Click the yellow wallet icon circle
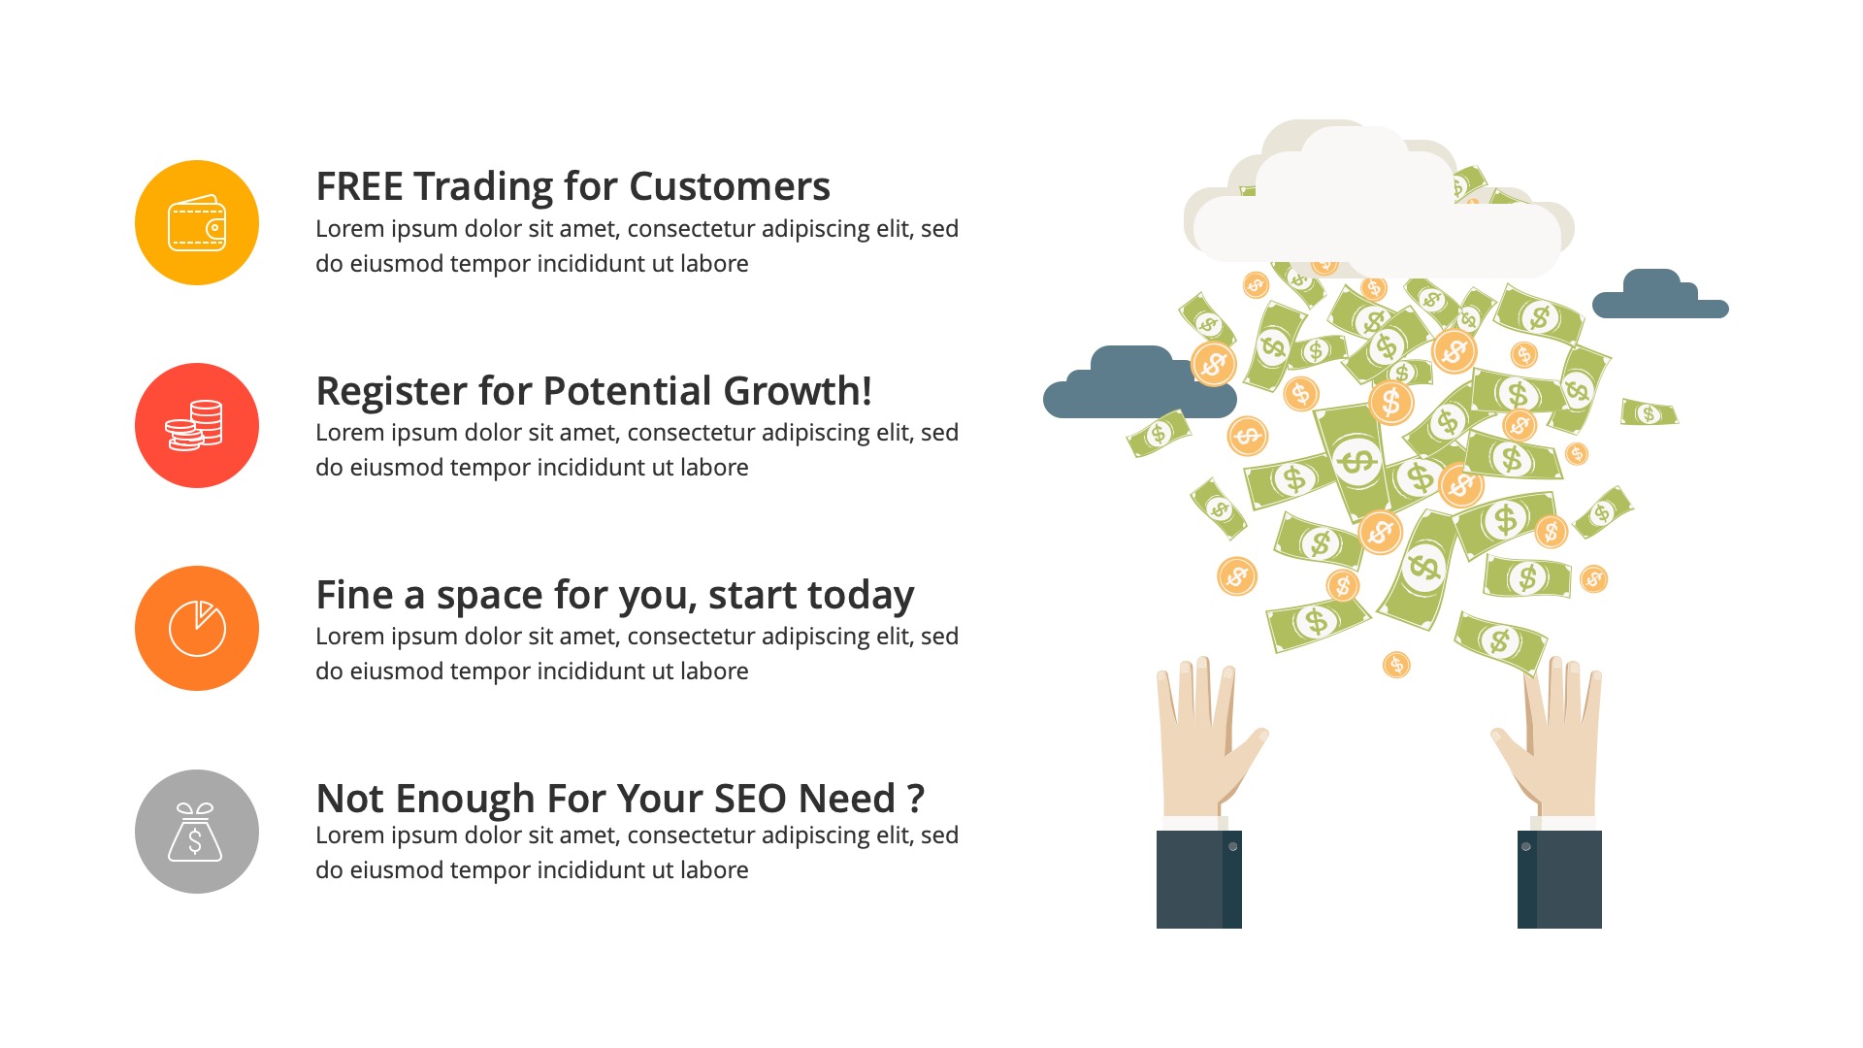point(197,223)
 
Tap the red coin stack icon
point(197,426)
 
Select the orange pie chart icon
point(197,629)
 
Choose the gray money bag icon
point(197,832)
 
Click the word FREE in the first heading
point(360,187)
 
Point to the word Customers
point(729,187)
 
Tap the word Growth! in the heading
point(797,392)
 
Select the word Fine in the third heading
point(354,596)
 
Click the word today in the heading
point(861,596)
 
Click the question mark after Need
point(915,800)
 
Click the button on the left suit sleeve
point(1232,847)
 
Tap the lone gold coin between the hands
point(1395,665)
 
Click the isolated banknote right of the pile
point(1649,413)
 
